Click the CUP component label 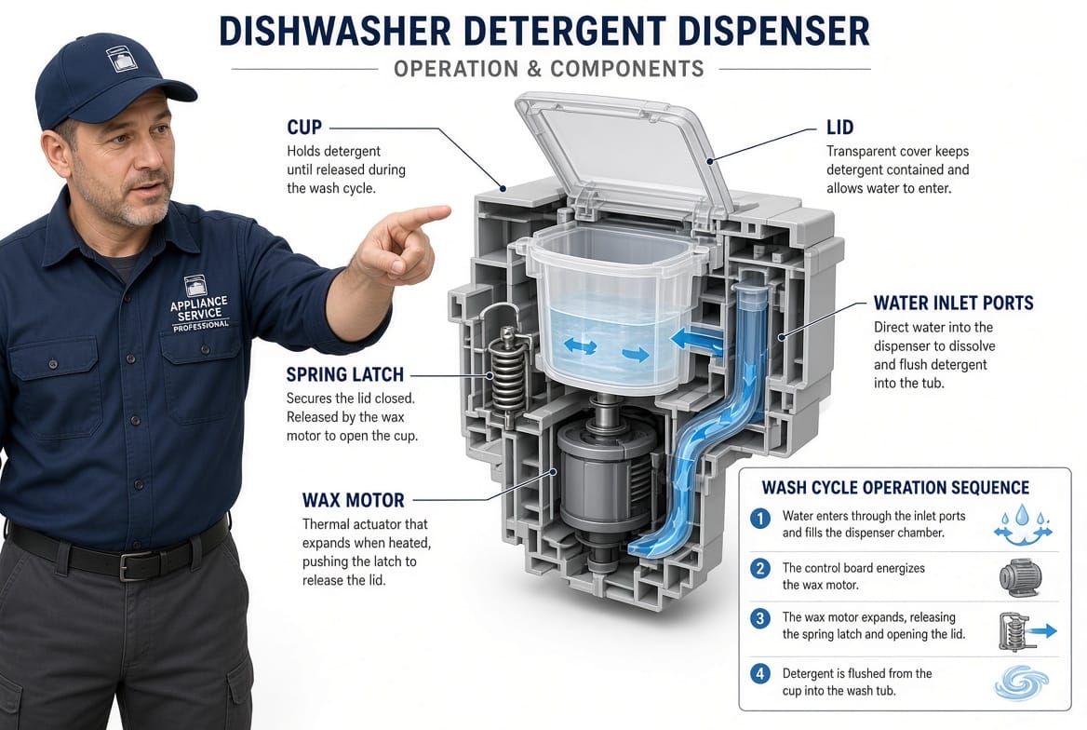(304, 128)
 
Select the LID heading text (839, 128)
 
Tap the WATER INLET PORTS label (953, 304)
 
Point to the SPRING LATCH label (344, 374)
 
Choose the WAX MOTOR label (353, 500)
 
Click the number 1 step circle (759, 518)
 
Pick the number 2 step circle (759, 569)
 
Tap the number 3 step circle (759, 618)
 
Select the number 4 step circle (759, 673)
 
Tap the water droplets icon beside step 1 (1023, 525)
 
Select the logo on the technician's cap (121, 60)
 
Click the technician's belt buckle (134, 565)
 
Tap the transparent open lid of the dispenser (624, 156)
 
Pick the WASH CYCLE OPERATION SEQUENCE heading (895, 488)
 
